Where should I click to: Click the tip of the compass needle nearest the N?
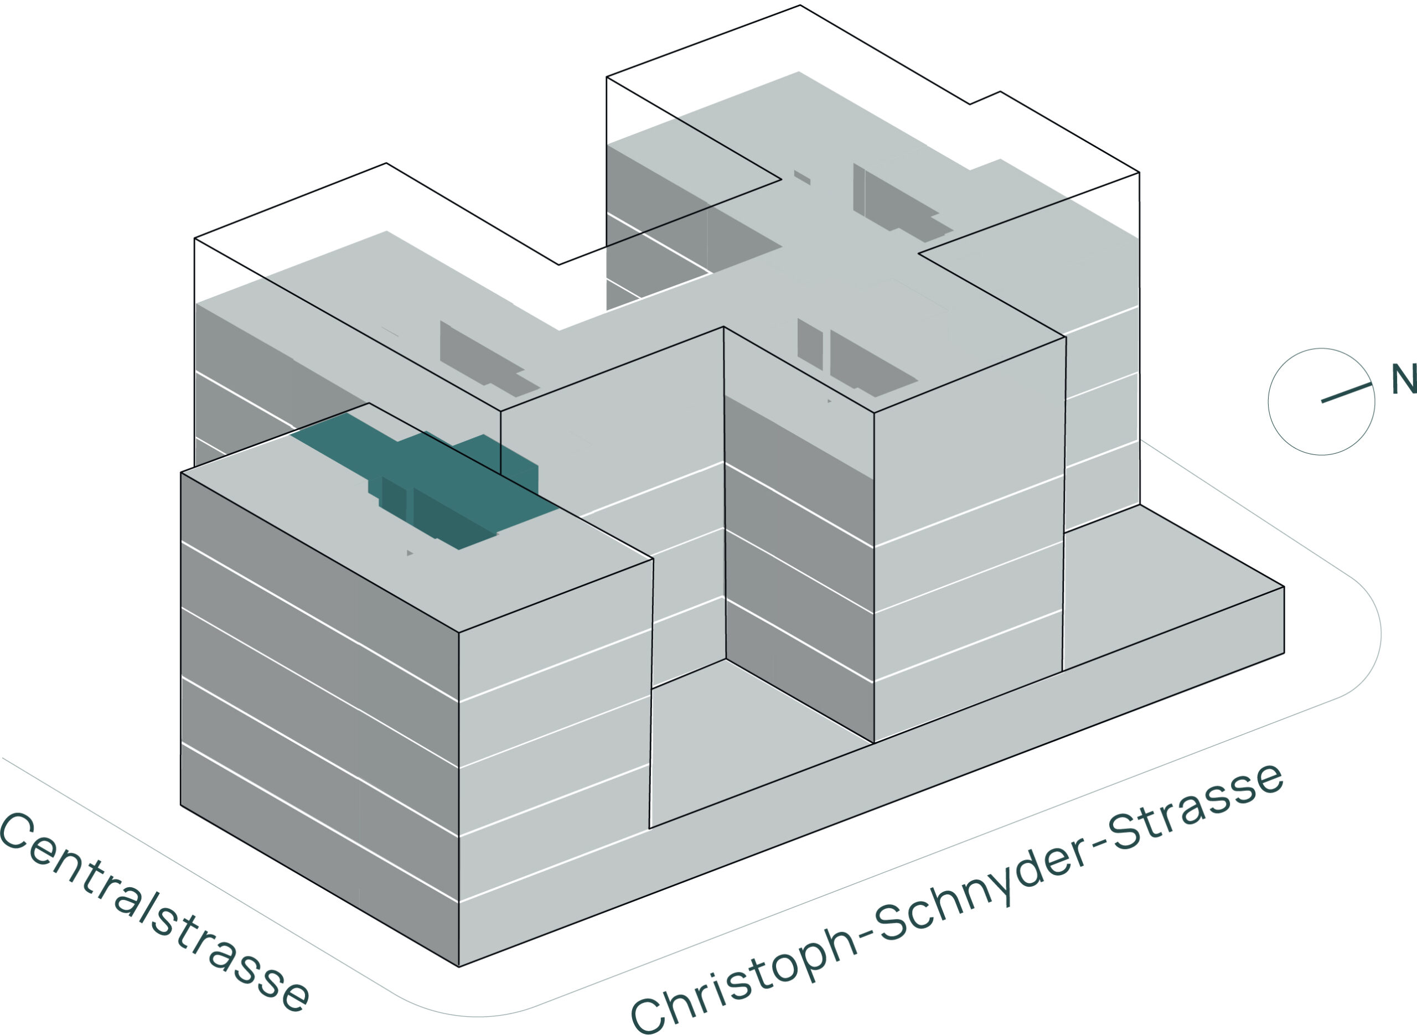point(1371,384)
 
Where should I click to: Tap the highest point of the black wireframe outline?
point(800,5)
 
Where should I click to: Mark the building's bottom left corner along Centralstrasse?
point(181,805)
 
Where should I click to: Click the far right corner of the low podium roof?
point(1284,587)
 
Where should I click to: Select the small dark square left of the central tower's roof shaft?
point(809,344)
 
